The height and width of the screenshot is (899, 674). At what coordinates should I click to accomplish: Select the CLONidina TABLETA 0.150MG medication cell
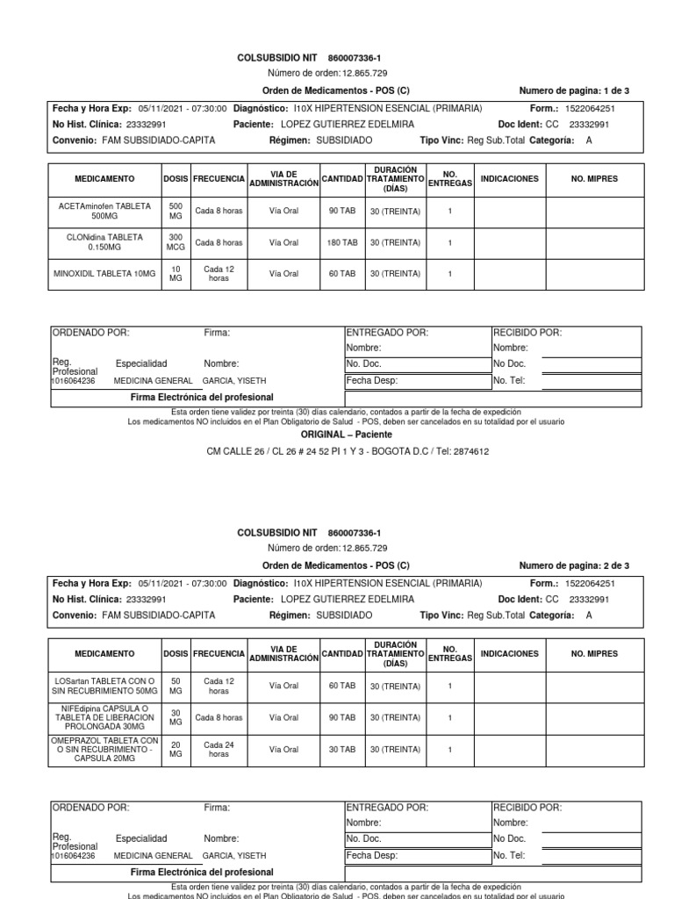104,242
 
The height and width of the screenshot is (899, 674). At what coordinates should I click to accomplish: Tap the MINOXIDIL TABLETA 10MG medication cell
104,274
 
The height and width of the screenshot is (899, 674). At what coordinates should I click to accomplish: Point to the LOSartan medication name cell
104,687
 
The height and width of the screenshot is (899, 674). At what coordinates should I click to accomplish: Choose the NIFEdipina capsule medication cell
104,717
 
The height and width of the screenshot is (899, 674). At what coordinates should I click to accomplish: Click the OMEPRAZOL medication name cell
104,749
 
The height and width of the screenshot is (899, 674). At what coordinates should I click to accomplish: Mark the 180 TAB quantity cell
342,242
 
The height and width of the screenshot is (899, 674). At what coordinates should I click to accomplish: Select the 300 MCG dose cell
175,242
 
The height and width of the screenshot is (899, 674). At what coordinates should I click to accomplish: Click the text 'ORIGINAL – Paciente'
347,434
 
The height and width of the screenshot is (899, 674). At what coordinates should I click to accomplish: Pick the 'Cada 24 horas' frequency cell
219,749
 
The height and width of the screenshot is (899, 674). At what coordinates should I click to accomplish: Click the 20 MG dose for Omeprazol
175,749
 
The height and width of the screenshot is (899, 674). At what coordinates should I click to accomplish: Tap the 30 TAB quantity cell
342,749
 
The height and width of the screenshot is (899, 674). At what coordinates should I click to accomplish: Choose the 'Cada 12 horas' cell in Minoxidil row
219,274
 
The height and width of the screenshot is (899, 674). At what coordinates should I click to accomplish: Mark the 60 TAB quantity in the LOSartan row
342,686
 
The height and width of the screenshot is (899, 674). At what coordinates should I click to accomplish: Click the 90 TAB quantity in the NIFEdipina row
342,717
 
